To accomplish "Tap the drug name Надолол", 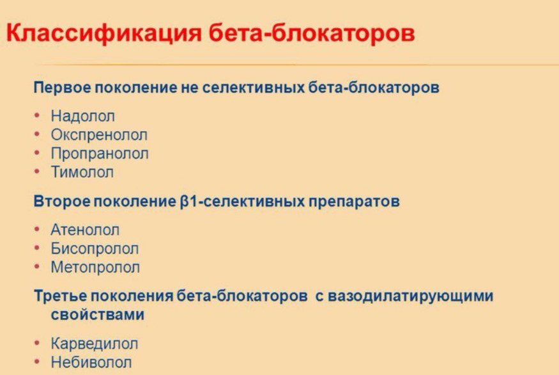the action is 82,116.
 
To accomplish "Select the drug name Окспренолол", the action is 99,135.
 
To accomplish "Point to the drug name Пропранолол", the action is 100,154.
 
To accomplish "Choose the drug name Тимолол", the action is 82,172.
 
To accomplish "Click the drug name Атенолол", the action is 85,230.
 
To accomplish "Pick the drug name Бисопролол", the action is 95,248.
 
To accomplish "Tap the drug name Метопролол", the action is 95,267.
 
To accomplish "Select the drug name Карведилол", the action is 94,344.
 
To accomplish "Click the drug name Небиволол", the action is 91,362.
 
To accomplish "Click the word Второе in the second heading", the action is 62,202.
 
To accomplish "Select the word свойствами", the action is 97,315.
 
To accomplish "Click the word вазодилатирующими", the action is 410,296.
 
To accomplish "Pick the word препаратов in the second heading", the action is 354,202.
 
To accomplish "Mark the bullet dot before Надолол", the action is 37,115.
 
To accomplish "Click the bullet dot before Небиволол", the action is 37,362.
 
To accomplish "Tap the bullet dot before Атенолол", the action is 37,229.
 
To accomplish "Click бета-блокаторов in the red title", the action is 312,33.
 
